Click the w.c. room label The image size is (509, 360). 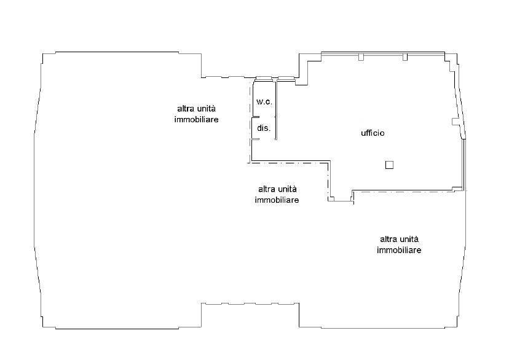point(264,101)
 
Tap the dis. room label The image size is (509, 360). point(264,128)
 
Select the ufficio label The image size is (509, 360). point(373,133)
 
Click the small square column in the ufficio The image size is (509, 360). point(389,165)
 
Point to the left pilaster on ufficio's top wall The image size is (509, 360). point(361,57)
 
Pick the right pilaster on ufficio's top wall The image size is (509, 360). point(404,57)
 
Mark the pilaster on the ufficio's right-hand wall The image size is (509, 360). point(456,122)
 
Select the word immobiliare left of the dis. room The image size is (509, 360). point(197,119)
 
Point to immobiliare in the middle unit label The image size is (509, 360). point(277,200)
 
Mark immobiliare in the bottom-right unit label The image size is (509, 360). point(399,250)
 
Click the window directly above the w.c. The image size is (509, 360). point(263,78)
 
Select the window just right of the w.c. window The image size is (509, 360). point(286,78)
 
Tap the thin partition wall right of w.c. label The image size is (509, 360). point(275,104)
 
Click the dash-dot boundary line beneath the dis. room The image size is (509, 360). point(289,163)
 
